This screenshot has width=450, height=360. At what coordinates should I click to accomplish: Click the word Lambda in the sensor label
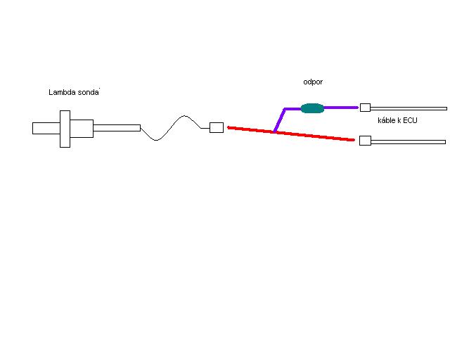point(62,92)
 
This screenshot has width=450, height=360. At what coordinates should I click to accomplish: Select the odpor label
point(312,82)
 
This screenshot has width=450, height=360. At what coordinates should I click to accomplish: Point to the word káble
point(387,121)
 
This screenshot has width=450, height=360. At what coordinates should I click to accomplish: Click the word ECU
point(409,121)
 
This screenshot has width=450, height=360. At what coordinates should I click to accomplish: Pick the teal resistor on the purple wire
point(312,108)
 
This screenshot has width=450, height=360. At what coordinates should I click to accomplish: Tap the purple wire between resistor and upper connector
point(341,108)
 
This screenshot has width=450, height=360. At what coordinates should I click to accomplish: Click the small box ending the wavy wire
point(217,127)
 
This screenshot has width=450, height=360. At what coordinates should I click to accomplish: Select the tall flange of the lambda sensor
point(65,129)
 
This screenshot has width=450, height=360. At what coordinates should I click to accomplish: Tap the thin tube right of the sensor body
point(117,127)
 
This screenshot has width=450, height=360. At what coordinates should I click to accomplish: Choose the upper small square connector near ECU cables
point(365,108)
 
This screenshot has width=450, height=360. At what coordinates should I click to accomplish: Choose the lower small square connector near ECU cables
point(365,141)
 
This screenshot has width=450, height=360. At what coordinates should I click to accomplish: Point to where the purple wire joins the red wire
point(274,131)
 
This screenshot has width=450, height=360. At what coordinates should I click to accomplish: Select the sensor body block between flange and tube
point(82,128)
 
